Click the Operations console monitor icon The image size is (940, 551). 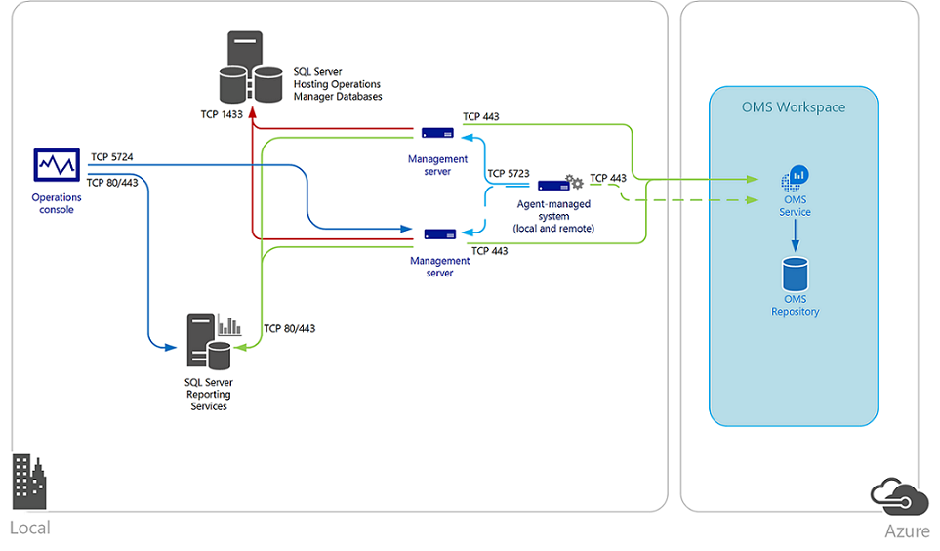pos(56,165)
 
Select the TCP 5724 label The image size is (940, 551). pos(112,156)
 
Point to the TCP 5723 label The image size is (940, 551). pos(508,173)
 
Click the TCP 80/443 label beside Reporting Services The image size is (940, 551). pos(289,329)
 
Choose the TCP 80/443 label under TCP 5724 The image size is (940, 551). pos(111,182)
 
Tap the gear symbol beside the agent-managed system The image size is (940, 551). pos(575,182)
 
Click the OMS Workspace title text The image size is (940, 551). pos(794,107)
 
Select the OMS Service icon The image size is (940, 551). pos(795,178)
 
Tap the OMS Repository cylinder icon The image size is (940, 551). pos(795,273)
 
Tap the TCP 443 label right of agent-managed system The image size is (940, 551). pos(608,178)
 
